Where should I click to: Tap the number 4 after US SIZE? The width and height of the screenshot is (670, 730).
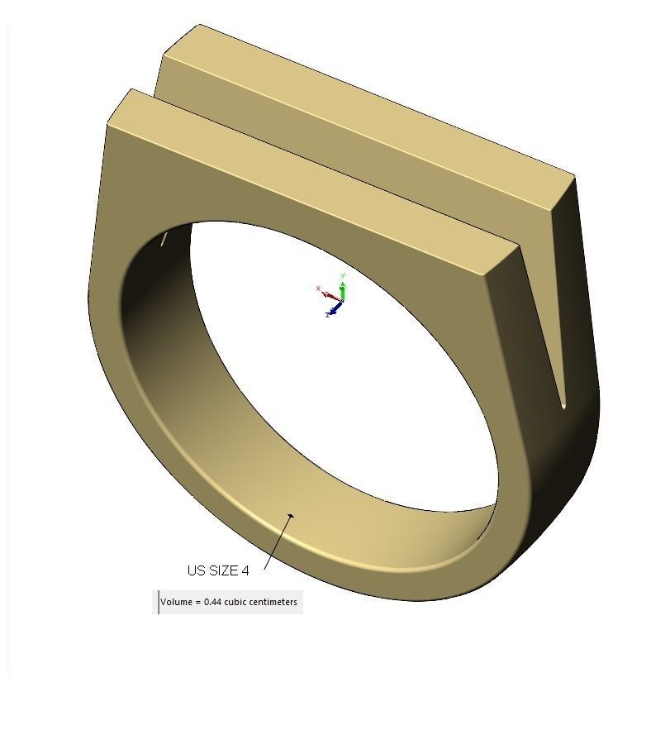tap(245, 570)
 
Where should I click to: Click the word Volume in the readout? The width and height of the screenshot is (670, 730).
tap(176, 602)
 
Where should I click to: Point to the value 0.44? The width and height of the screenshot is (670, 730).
tap(213, 602)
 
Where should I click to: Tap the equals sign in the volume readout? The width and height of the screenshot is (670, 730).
tap(197, 602)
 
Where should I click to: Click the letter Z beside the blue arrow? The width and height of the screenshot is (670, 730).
tap(328, 315)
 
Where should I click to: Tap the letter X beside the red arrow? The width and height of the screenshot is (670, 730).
tap(318, 289)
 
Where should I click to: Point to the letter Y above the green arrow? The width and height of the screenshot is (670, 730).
tap(343, 276)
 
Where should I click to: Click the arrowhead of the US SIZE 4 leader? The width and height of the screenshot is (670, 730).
tap(290, 517)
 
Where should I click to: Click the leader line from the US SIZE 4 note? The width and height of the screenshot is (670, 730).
tap(278, 542)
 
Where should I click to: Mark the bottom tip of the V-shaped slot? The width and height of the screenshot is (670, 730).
tap(563, 405)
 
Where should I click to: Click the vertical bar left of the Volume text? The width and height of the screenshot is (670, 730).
tap(158, 602)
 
